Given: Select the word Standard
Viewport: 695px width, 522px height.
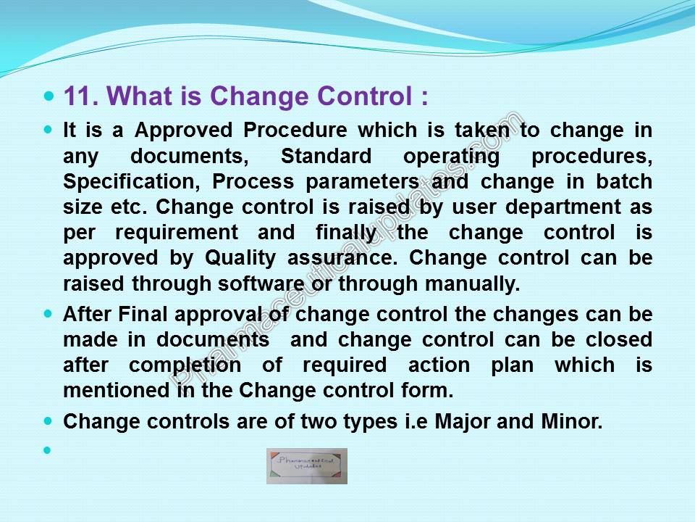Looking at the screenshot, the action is (x=327, y=156).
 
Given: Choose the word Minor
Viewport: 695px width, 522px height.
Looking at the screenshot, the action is (x=572, y=421).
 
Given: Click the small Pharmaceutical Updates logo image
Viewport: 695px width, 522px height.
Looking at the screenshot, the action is (x=307, y=465).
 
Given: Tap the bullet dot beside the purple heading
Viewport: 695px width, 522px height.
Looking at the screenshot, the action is (x=49, y=96).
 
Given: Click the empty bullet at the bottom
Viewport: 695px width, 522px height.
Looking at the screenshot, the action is (x=48, y=450).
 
